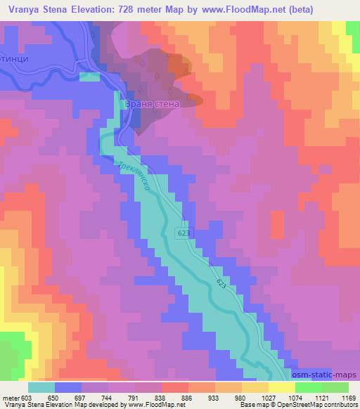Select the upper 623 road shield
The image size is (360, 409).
[x=184, y=231]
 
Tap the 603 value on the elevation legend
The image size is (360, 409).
[x=27, y=397]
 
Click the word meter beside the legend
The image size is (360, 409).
[x=9, y=397]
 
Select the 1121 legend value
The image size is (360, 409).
[x=322, y=397]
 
